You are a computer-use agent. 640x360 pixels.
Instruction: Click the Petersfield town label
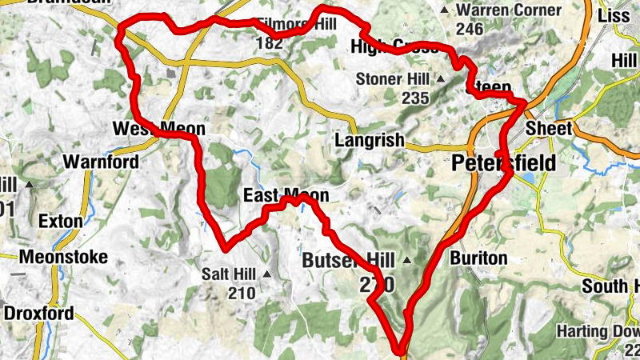(x=504, y=163)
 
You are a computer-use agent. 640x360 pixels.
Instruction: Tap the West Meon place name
(x=159, y=129)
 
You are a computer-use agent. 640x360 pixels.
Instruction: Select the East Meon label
(x=286, y=196)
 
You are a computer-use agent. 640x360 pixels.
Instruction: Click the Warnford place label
(x=101, y=162)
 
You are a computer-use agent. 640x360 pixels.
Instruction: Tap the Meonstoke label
(x=57, y=258)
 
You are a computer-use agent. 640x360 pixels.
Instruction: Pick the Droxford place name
(x=39, y=313)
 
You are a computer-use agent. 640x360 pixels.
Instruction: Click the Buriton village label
(x=478, y=258)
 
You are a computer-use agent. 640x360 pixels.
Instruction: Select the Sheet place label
(x=550, y=129)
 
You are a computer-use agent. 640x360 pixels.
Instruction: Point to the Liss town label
(x=614, y=16)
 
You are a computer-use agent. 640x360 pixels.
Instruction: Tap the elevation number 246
(x=470, y=30)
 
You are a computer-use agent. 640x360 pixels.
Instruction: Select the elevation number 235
(x=415, y=98)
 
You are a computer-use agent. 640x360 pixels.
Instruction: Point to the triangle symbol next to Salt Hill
(x=268, y=274)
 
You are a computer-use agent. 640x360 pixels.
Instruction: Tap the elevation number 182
(x=270, y=43)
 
